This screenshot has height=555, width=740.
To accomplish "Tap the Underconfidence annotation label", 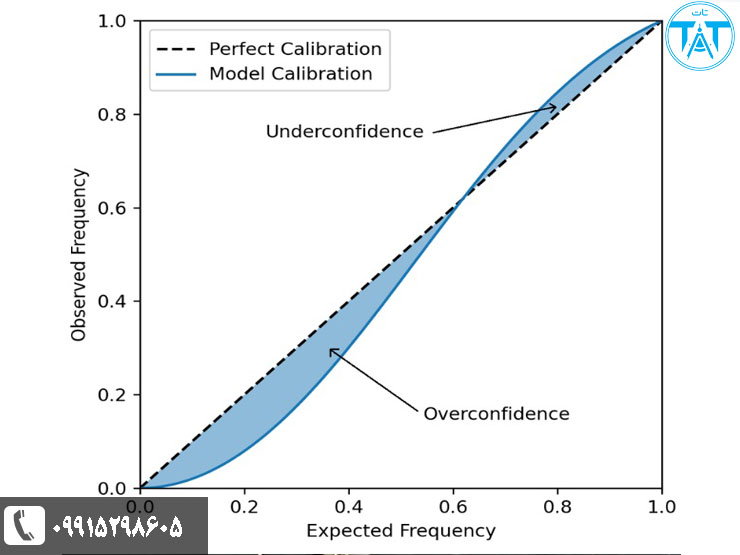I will point(344,132).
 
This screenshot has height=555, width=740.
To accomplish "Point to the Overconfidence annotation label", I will point(496,414).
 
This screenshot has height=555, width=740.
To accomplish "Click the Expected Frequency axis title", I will point(400,530).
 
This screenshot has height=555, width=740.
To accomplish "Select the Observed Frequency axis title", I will point(79,255).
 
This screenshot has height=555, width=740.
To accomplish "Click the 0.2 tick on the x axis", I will point(244,506).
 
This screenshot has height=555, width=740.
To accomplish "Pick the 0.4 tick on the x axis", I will point(348,506).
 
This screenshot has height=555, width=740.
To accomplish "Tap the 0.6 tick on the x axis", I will point(452,506).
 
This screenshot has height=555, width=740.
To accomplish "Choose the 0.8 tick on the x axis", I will point(557,506).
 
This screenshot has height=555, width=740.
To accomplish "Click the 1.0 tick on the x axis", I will point(661,506).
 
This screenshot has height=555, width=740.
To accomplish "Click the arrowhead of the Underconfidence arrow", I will point(554,106).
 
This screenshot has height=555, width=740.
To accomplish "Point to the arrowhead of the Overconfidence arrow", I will point(333,350).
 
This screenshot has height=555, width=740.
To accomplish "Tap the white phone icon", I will point(25,525).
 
